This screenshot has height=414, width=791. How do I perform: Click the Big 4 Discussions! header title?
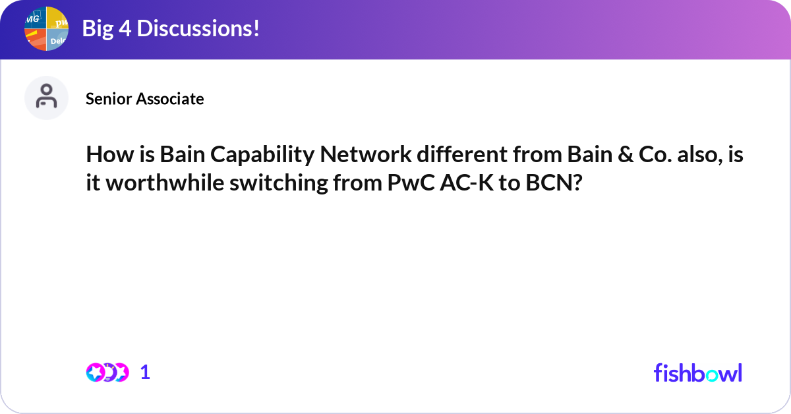click(170, 29)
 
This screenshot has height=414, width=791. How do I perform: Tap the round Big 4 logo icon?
click(46, 29)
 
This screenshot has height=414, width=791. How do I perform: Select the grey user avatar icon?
click(46, 98)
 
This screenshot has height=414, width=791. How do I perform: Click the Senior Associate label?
click(144, 99)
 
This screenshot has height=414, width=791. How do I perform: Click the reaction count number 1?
click(145, 372)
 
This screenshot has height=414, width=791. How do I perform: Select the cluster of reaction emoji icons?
click(107, 372)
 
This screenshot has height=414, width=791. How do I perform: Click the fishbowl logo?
click(697, 372)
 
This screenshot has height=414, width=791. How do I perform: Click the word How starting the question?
click(105, 156)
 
